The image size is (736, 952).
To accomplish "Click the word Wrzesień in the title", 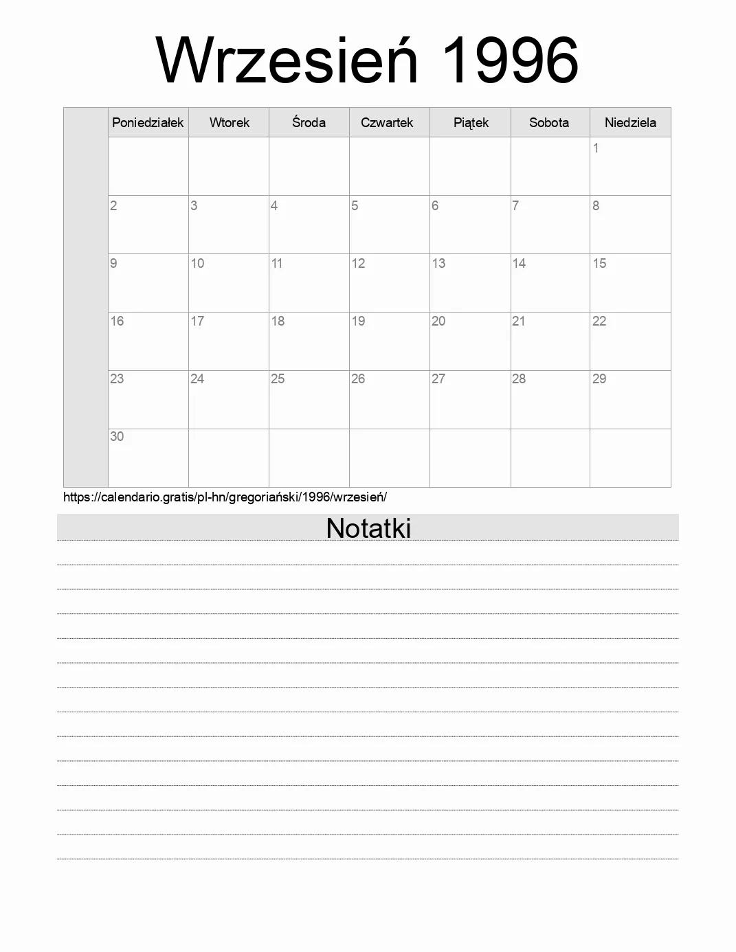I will click(x=287, y=60).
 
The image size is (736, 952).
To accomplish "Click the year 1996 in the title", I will click(x=508, y=60).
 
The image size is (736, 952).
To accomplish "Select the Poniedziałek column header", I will click(x=148, y=123).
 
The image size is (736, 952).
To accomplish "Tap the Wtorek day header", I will click(x=229, y=123).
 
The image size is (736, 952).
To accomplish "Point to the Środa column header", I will click(x=309, y=123).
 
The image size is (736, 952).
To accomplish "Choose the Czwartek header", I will click(x=387, y=123).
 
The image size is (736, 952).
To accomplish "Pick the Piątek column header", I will click(x=471, y=123).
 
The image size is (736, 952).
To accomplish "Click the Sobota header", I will click(x=549, y=123).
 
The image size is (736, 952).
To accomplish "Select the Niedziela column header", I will click(x=630, y=123).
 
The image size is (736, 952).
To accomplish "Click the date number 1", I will click(x=596, y=148).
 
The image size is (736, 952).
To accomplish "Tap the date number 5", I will click(x=355, y=206).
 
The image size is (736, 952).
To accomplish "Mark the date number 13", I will click(x=438, y=264).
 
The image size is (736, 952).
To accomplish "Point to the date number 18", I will click(x=278, y=321).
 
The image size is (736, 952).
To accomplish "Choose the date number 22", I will click(x=599, y=321).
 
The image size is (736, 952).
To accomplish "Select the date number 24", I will click(x=197, y=379).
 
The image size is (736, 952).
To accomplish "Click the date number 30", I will click(x=117, y=437).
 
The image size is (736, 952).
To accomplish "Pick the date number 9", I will click(x=113, y=264).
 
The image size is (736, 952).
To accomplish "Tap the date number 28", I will click(x=519, y=379).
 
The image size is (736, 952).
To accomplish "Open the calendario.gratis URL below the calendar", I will click(x=225, y=497).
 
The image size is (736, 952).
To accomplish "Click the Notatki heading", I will click(x=368, y=528).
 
